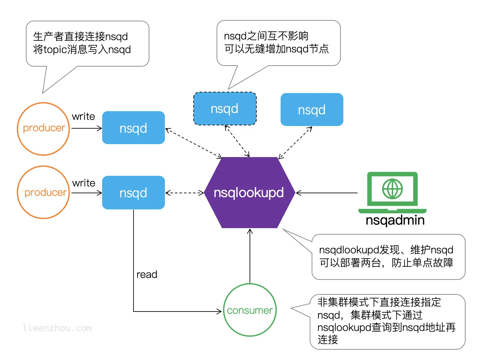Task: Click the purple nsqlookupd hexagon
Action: pyautogui.click(x=249, y=193)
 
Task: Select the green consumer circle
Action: pyautogui.click(x=250, y=310)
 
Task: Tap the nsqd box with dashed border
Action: pyautogui.click(x=225, y=109)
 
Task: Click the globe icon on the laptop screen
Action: pyautogui.click(x=392, y=189)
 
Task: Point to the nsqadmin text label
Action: pyautogui.click(x=395, y=220)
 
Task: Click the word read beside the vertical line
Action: pyautogui.click(x=147, y=275)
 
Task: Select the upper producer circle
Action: pyautogui.click(x=43, y=128)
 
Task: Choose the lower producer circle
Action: pyautogui.click(x=43, y=193)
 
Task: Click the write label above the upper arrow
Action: pyautogui.click(x=83, y=116)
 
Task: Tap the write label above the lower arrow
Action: pyautogui.click(x=84, y=183)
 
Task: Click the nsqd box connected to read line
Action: pyautogui.click(x=133, y=193)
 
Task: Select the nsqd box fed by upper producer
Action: pyautogui.click(x=133, y=128)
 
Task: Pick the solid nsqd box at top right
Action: pyautogui.click(x=312, y=110)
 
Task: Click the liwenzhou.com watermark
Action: pyautogui.click(x=58, y=328)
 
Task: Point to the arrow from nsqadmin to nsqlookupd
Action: pyautogui.click(x=327, y=193)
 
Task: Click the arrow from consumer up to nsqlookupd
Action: pyautogui.click(x=250, y=255)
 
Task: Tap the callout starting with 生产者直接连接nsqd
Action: pyautogui.click(x=87, y=43)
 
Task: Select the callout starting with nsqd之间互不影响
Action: pyautogui.click(x=278, y=43)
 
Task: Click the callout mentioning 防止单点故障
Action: pyautogui.click(x=388, y=257)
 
